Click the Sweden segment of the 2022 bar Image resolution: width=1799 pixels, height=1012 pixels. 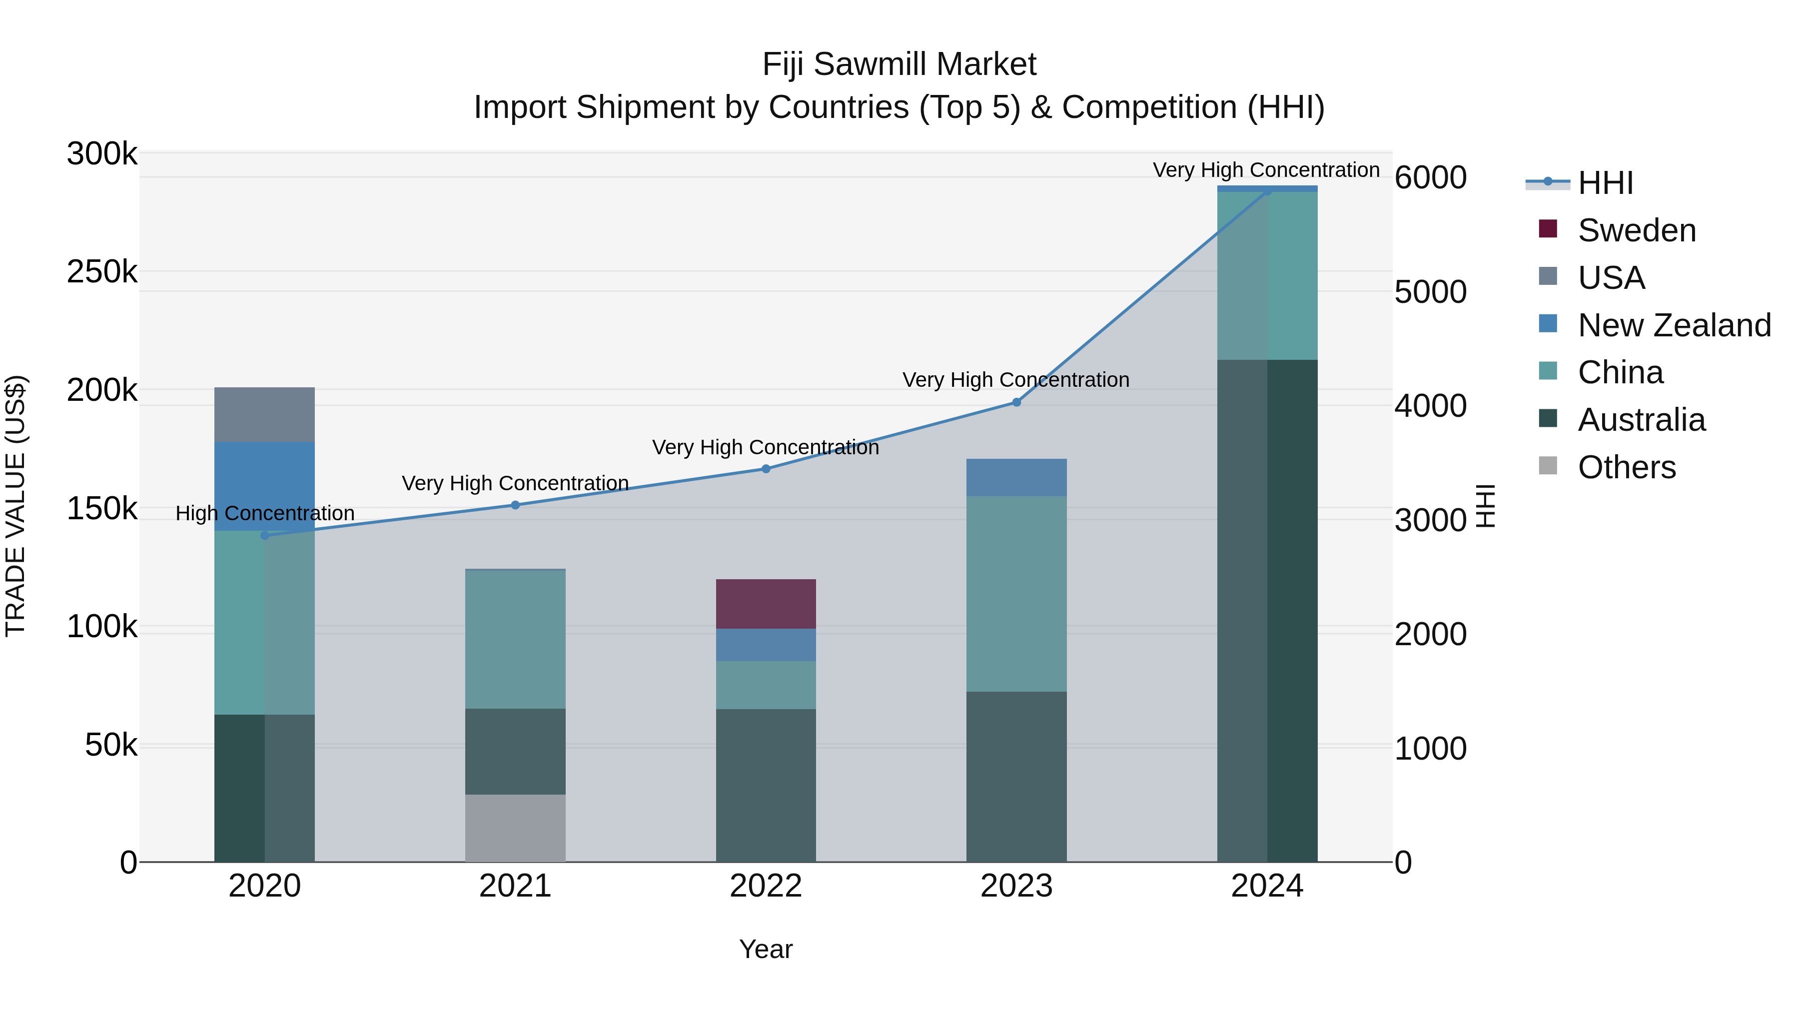tap(766, 603)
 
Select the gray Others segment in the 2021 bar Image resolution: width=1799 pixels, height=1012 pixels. tap(515, 828)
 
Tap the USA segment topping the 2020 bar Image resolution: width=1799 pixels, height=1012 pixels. tap(264, 414)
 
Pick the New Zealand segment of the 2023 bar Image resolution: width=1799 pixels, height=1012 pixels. tap(1016, 477)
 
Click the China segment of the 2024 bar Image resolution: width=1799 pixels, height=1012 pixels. tap(1267, 275)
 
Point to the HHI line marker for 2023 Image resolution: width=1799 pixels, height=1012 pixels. tap(1016, 402)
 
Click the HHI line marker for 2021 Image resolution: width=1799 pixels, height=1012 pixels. tap(515, 505)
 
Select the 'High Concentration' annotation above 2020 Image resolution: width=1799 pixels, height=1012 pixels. tap(265, 513)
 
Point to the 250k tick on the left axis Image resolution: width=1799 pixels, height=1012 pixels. tap(102, 272)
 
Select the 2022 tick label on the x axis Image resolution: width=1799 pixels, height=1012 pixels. tap(766, 886)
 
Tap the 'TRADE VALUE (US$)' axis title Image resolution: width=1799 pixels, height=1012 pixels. tap(15, 506)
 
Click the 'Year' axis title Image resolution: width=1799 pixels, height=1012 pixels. tap(766, 949)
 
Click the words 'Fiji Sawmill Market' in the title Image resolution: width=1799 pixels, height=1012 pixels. tap(899, 64)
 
